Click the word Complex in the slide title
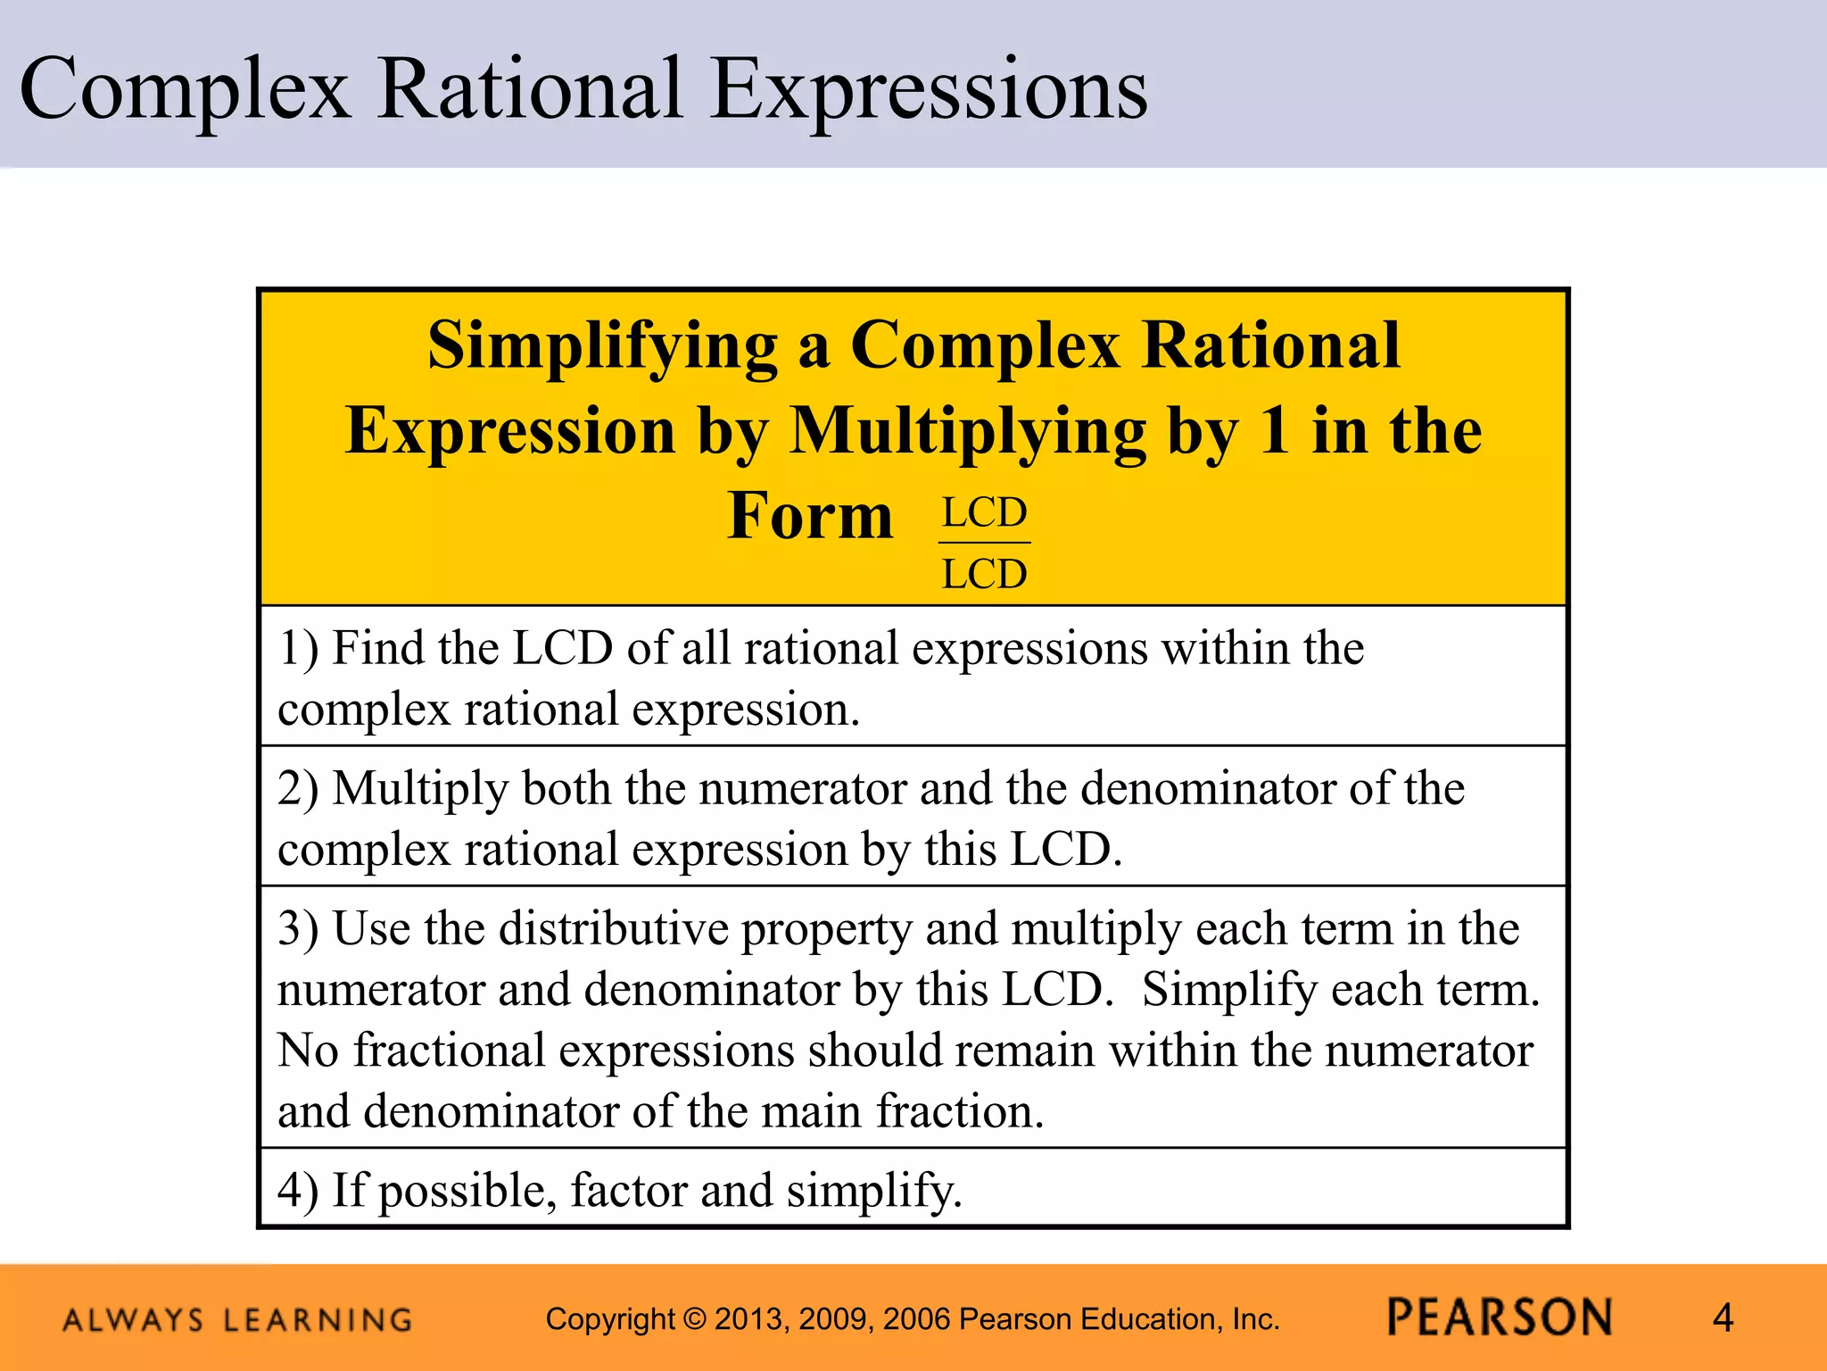pyautogui.click(x=185, y=89)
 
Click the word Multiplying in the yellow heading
pyautogui.click(x=968, y=431)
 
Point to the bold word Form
pyautogui.click(x=809, y=516)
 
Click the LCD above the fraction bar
pyautogui.click(x=985, y=513)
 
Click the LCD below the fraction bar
pyautogui.click(x=985, y=574)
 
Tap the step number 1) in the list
pyautogui.click(x=298, y=648)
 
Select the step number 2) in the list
pyautogui.click(x=298, y=789)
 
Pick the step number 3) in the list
pyautogui.click(x=298, y=929)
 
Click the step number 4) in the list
pyautogui.click(x=298, y=1191)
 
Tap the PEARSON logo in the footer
pyautogui.click(x=1500, y=1318)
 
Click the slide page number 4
pyautogui.click(x=1723, y=1318)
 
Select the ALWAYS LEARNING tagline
pyautogui.click(x=238, y=1320)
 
